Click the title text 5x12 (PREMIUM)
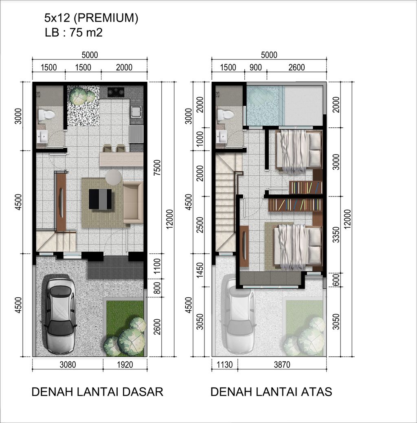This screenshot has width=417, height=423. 91,18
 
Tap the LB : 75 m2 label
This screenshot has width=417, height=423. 73,33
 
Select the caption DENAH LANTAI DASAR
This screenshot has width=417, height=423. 97,392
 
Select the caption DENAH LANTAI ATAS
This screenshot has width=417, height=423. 271,392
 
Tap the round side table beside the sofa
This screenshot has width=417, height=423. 113,177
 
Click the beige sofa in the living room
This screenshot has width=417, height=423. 133,202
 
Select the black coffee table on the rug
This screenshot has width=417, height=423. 100,199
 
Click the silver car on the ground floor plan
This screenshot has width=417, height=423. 60,316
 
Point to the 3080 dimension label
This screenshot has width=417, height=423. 68,364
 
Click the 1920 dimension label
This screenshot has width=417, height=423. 125,364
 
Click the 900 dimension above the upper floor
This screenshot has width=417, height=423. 255,68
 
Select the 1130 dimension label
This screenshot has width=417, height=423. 224,365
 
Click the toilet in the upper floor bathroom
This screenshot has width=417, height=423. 225,115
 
